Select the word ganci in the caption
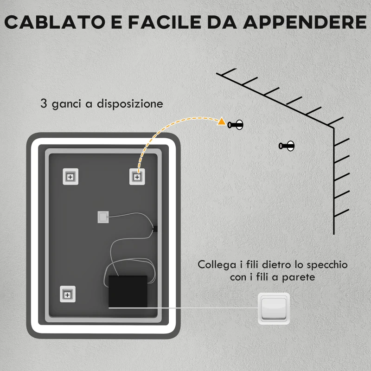[64, 103]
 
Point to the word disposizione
[130, 103]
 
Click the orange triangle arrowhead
[222, 122]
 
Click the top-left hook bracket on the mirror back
[70, 177]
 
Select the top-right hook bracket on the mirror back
[137, 177]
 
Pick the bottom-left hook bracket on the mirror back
[68, 294]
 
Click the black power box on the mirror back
[128, 291]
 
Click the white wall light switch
[274, 308]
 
